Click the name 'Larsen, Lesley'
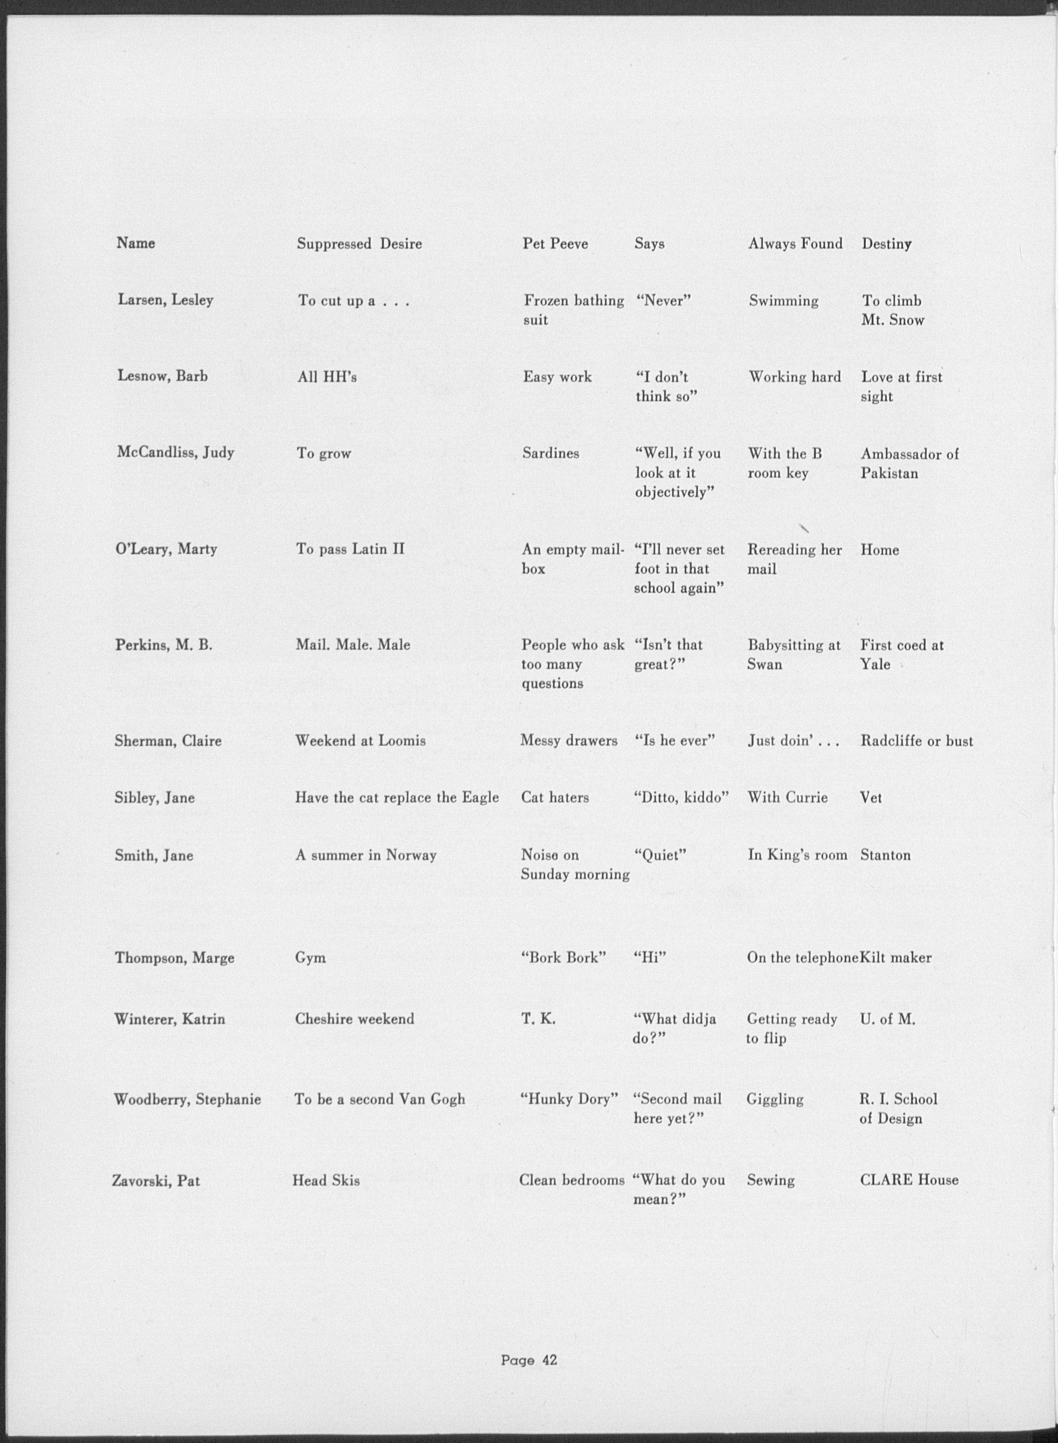point(165,300)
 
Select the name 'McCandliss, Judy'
point(175,453)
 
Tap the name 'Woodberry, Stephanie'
point(187,1100)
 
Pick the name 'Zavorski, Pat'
point(156,1180)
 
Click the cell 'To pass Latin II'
point(350,549)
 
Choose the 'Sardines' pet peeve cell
point(551,453)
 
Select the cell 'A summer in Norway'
point(366,855)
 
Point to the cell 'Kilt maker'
point(895,958)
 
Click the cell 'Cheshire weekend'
point(354,1019)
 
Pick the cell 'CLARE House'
point(909,1180)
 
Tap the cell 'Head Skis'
point(326,1180)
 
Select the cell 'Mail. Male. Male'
point(352,645)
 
